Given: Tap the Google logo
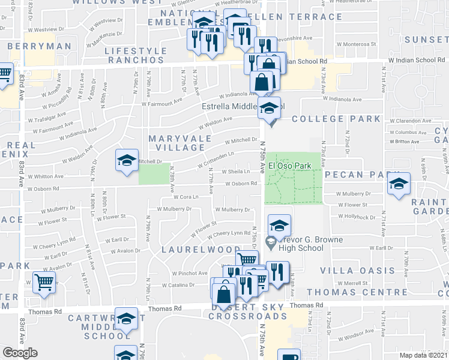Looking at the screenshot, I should (x=20, y=353).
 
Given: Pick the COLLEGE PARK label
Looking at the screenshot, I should (x=337, y=119).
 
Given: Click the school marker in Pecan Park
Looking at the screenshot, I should (x=398, y=185).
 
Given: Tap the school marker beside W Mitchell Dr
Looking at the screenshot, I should (x=127, y=161).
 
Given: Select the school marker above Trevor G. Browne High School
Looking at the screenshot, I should (x=279, y=226).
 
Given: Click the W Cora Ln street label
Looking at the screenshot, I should (x=185, y=197).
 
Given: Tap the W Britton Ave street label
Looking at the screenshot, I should (x=405, y=142).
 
